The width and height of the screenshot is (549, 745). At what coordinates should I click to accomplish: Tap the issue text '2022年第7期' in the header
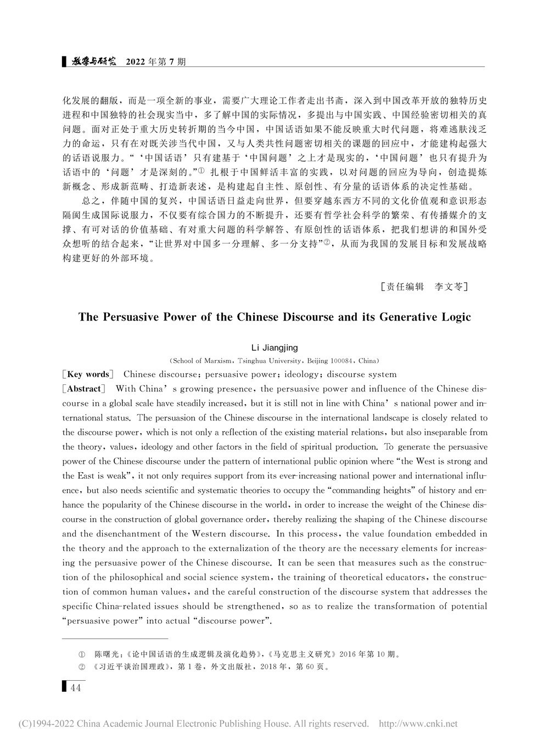point(156,61)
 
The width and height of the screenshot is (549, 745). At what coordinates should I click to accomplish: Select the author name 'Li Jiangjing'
point(274,348)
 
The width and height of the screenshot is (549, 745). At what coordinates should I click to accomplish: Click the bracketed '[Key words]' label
point(88,374)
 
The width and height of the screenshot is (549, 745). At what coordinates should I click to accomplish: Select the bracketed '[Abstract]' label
point(83,389)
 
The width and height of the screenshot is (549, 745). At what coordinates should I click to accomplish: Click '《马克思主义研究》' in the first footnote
point(302,654)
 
